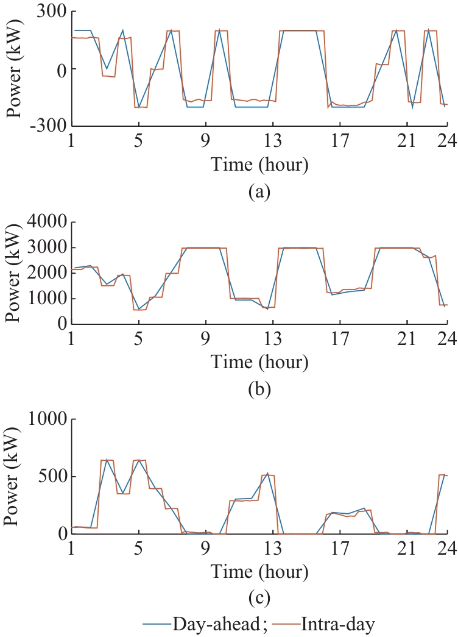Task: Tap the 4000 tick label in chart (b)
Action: pos(46,222)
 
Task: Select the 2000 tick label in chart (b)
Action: pos(46,273)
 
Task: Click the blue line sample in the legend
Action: pos(157,625)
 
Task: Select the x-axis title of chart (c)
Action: pos(259,572)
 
